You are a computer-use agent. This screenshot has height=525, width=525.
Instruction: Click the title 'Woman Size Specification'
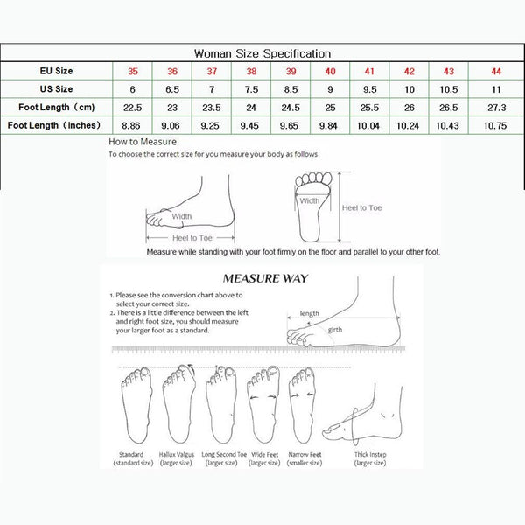pyautogui.click(x=262, y=53)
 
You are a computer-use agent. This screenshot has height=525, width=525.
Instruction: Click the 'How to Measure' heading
pyautogui.click(x=143, y=141)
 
